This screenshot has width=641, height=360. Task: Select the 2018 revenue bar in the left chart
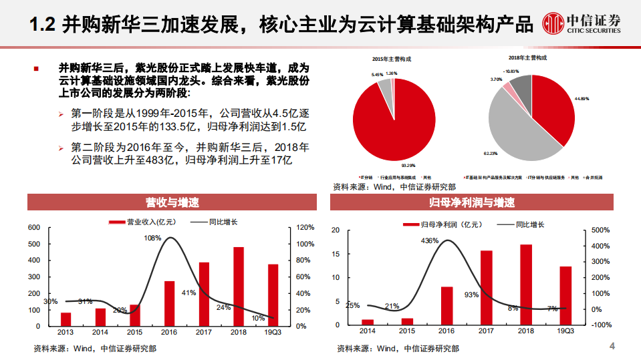click(239, 287)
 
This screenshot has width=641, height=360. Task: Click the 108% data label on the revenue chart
click(152, 238)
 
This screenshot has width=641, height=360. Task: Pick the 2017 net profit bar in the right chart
click(487, 287)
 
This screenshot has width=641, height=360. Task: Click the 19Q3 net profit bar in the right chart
click(565, 295)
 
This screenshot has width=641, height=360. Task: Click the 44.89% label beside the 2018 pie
click(582, 99)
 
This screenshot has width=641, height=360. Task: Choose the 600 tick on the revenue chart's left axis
click(34, 228)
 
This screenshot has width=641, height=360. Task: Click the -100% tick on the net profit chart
click(602, 325)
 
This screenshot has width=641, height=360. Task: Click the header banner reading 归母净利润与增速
click(472, 202)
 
